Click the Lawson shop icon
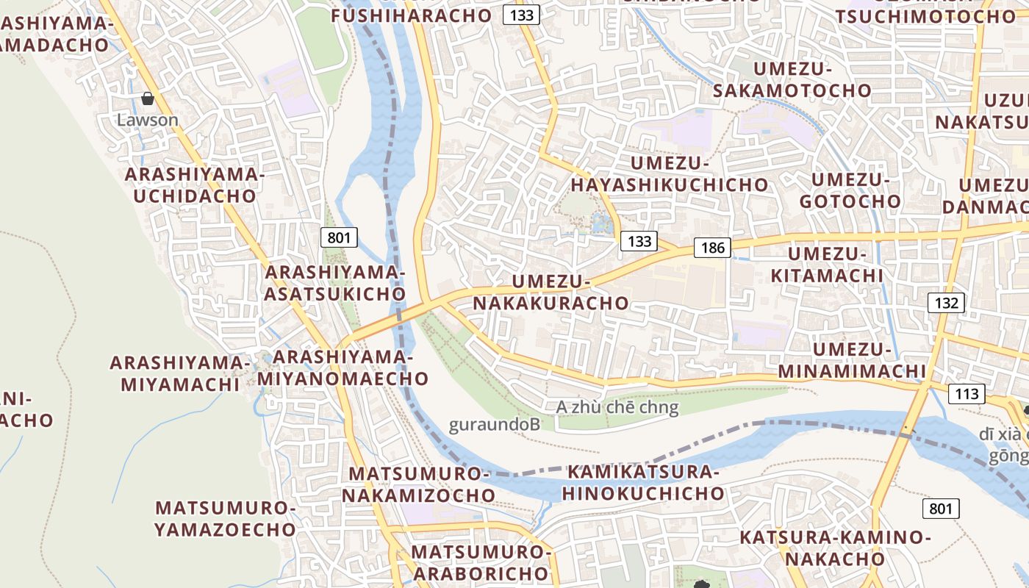click(x=148, y=98)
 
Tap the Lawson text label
click(x=148, y=120)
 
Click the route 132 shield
click(x=945, y=302)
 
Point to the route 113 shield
click(x=967, y=394)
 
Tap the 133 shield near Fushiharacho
click(x=522, y=14)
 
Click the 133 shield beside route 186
click(x=639, y=241)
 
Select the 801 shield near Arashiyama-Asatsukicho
click(x=339, y=237)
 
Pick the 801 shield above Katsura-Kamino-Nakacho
click(x=941, y=509)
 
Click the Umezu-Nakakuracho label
click(x=551, y=293)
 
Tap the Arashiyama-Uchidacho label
click(x=194, y=185)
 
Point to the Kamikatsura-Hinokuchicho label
click(x=644, y=483)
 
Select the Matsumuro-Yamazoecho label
click(x=225, y=519)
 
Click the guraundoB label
click(x=495, y=425)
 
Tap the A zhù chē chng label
click(x=617, y=407)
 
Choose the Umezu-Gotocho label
click(x=850, y=190)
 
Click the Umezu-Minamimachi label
click(x=851, y=360)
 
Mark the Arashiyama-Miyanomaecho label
click(x=343, y=368)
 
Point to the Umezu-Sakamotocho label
click(x=792, y=80)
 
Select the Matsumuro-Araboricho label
click(x=481, y=563)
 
